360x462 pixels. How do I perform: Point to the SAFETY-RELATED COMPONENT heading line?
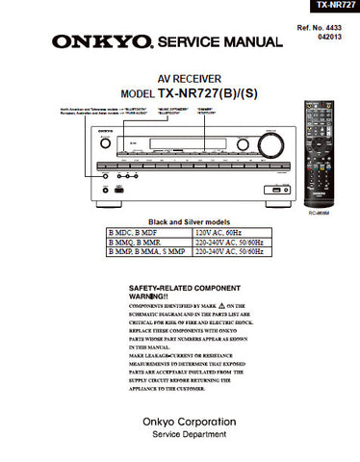185,287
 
